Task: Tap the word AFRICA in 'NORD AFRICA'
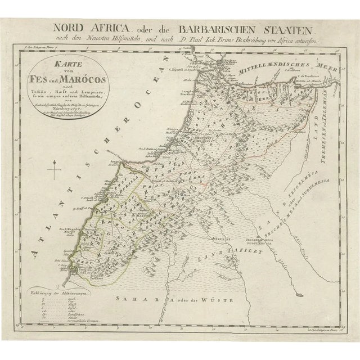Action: click(107, 26)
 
